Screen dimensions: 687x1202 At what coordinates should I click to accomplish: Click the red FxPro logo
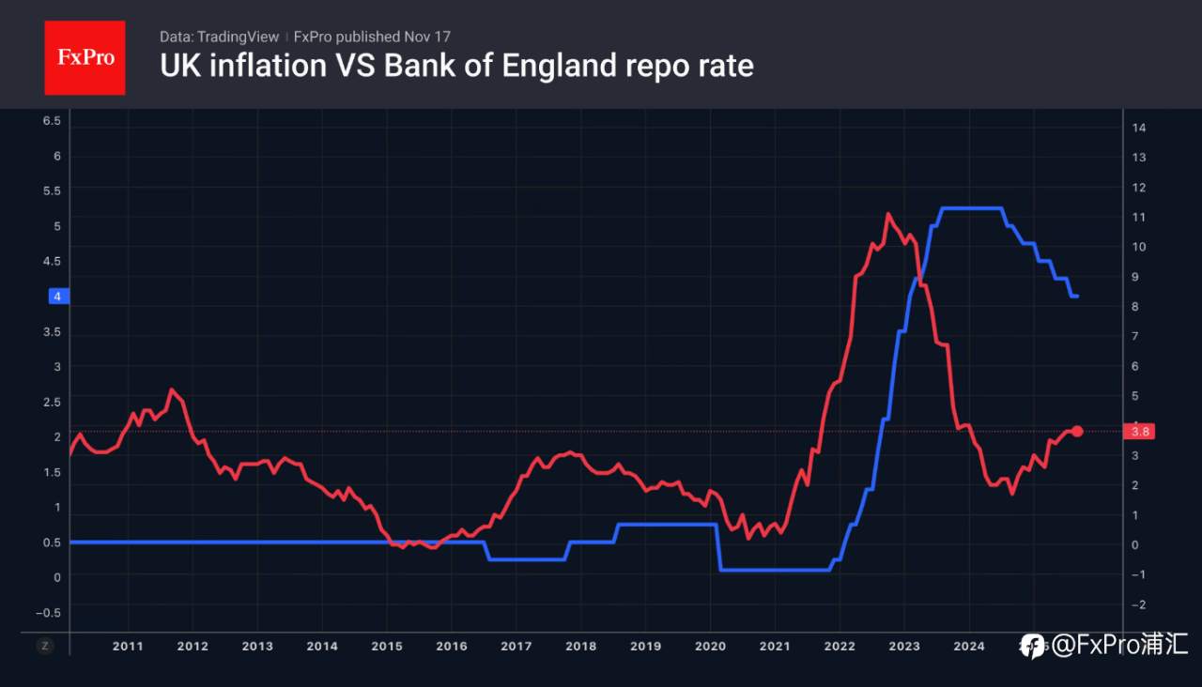(x=85, y=57)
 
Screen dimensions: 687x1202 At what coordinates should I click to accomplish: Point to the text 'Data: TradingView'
(x=219, y=37)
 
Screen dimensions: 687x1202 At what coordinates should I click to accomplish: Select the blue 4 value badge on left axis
(x=57, y=297)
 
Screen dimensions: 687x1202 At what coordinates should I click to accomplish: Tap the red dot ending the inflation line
(x=1077, y=431)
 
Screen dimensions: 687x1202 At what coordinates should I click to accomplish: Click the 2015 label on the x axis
(x=387, y=646)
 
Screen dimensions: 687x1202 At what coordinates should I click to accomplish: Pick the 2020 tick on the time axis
(x=710, y=646)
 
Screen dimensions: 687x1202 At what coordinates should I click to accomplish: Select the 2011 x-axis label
(x=128, y=646)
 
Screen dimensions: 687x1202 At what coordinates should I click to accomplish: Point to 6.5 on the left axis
(x=52, y=121)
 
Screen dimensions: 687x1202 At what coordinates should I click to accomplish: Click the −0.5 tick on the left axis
(x=48, y=612)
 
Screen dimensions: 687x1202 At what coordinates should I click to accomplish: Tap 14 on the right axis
(x=1139, y=128)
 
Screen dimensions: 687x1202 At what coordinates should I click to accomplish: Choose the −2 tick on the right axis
(x=1137, y=605)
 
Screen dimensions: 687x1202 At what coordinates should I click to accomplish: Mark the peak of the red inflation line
(x=887, y=215)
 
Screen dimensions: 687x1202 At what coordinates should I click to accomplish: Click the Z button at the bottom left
(x=44, y=646)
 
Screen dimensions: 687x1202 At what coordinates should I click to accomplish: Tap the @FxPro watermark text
(x=1118, y=645)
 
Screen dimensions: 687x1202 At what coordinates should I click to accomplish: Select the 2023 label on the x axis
(x=904, y=646)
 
